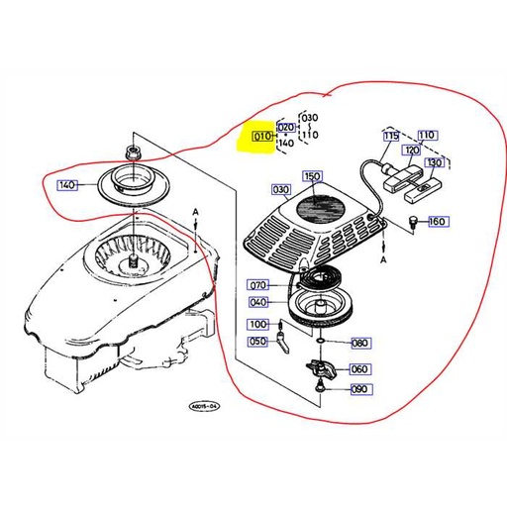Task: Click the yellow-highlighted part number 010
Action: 262,137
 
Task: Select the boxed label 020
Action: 286,128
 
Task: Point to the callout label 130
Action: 434,162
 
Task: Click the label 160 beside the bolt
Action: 436,221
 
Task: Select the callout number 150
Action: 314,176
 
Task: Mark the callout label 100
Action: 256,324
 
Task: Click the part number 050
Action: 256,342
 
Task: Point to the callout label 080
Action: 359,344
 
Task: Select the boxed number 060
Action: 359,369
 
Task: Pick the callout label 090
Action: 359,390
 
